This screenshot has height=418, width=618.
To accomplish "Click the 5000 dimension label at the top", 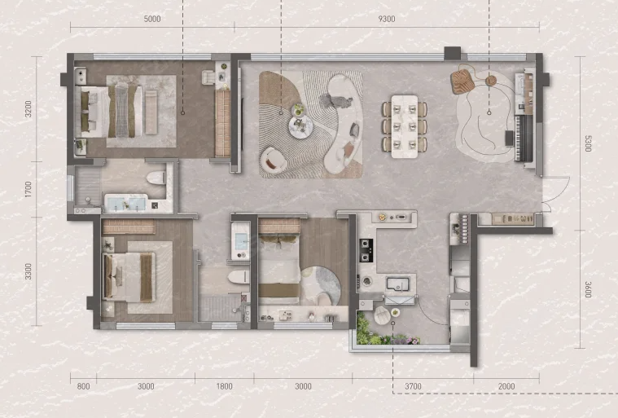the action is point(152,19).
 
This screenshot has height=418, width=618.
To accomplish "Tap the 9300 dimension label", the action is point(386,19).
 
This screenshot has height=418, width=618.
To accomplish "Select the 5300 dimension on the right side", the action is point(588,143).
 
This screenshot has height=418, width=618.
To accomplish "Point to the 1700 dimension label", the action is point(28,189).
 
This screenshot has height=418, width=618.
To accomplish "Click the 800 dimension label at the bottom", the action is point(83,386).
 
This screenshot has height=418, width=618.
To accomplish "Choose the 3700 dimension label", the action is point(413,386).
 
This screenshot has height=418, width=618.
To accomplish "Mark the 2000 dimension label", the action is point(506,386).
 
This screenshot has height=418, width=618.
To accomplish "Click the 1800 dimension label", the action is point(224,386).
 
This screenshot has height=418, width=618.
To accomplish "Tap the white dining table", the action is point(405,126).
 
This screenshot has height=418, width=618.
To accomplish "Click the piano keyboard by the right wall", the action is point(524,138).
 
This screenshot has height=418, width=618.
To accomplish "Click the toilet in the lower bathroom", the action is point(239,277).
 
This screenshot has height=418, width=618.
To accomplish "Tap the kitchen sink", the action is point(398,284).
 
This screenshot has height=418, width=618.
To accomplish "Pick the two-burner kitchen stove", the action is point(366,250).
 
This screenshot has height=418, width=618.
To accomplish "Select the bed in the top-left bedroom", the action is point(112,112).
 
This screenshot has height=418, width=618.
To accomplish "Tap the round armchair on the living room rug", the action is point(273,160).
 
